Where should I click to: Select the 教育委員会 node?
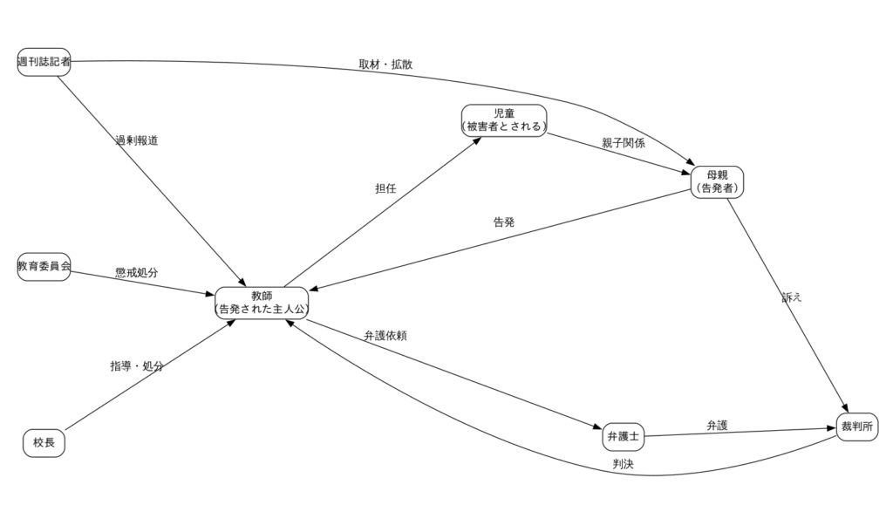44,266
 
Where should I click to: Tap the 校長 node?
44,443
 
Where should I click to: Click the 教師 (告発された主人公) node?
262,302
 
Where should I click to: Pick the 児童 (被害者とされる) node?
504,120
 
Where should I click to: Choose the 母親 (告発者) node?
718,181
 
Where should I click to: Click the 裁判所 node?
856,427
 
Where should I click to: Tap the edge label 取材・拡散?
385,65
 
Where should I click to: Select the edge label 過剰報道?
136,140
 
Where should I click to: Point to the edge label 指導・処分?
136,366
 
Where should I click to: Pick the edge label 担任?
385,188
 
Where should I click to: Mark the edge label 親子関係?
623,144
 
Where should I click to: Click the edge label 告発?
504,222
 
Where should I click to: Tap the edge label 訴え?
791,297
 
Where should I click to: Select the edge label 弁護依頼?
385,335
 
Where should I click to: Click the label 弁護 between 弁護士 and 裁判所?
717,426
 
